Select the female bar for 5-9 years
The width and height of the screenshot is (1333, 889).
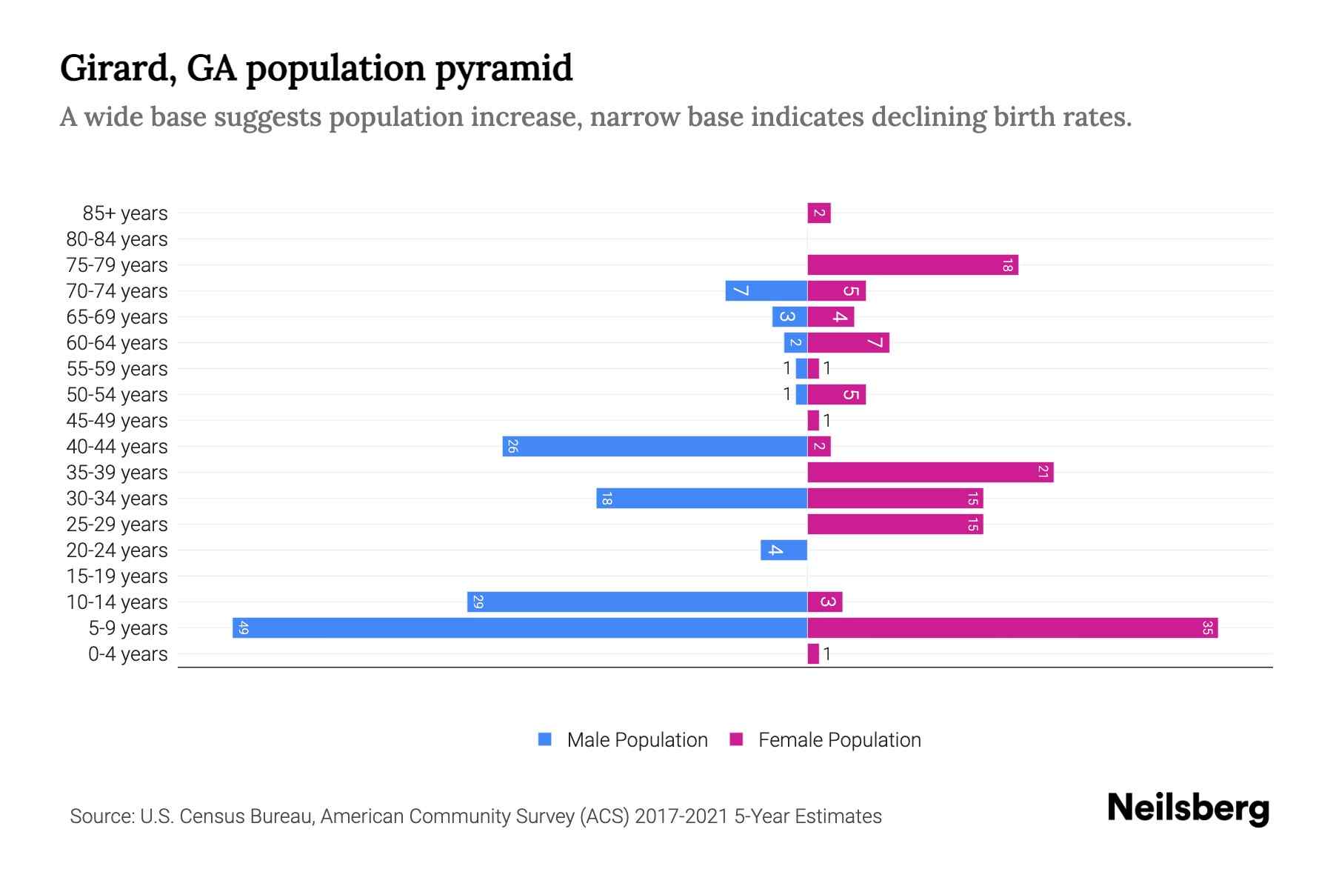1012,627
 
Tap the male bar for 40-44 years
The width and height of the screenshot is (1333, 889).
655,446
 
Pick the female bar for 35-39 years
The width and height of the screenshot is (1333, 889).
930,472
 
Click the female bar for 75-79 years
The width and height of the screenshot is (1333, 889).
912,264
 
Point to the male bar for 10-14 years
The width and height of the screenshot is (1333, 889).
637,602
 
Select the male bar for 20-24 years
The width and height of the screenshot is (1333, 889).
784,550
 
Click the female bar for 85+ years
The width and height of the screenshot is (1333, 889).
819,213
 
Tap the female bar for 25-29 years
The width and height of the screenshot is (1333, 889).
895,524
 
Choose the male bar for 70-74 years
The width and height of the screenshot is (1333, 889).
766,290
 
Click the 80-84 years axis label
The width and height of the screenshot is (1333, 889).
117,239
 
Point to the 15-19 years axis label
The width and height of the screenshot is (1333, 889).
117,576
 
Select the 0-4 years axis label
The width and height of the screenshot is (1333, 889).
127,654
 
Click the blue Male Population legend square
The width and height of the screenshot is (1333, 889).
545,739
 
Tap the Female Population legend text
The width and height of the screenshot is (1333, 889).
839,740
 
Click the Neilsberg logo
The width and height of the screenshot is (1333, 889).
1188,808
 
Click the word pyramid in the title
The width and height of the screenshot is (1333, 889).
504,69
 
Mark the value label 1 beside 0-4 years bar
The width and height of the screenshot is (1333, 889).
826,654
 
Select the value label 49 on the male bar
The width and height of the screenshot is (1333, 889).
244,628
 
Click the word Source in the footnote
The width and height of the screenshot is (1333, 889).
101,816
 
